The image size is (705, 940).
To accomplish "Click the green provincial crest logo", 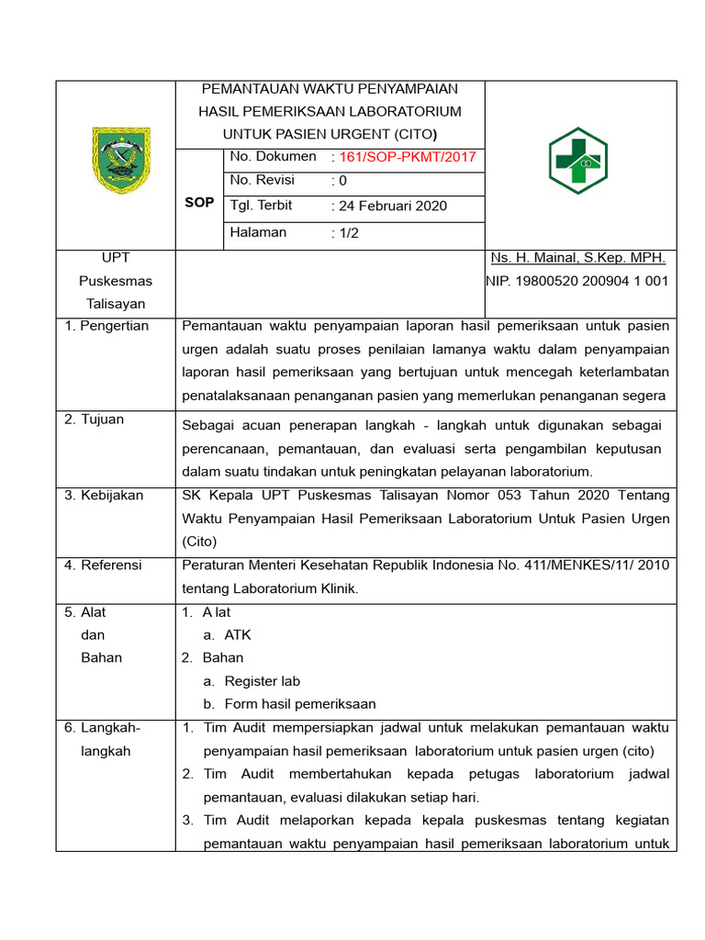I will coord(115,160).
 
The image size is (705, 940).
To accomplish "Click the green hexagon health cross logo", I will coord(577,161).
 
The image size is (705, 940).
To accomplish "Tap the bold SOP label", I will coord(199,202).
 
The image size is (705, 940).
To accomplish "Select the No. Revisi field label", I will coord(261,181).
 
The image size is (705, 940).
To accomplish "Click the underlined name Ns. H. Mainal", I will coord(578,258).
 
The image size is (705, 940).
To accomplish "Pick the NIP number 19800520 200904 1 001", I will coord(578,281).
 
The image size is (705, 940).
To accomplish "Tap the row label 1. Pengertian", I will coord(106,326).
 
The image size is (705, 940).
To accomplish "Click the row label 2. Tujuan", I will coord(94,420).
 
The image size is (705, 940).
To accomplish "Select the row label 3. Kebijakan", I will coord(104,495).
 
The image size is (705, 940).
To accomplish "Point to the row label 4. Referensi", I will coord(103,565).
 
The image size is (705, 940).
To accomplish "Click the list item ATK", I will coord(238,635).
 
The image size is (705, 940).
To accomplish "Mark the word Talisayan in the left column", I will coord(116,304).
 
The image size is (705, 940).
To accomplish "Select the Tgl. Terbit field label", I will coord(262,206).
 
